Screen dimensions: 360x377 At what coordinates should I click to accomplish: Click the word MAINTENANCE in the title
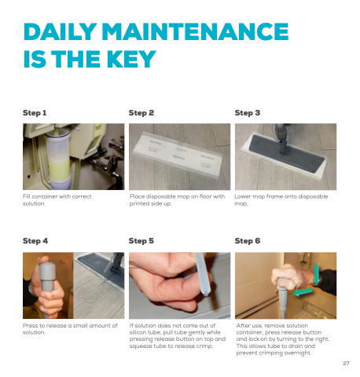195,31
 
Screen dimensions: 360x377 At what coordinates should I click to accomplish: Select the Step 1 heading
35,113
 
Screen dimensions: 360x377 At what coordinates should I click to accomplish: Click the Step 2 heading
141,113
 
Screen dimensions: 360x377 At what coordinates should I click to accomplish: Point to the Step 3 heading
248,113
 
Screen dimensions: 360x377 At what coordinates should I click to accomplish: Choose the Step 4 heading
35,241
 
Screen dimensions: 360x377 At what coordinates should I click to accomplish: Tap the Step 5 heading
141,241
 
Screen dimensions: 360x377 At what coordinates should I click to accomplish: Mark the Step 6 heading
248,241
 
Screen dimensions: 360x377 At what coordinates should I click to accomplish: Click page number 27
346,363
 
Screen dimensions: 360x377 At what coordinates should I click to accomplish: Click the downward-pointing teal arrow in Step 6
317,274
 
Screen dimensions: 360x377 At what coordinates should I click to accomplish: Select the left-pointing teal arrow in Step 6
303,291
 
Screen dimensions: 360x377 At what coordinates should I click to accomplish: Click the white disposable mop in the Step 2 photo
178,154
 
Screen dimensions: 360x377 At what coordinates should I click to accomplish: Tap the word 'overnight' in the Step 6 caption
298,353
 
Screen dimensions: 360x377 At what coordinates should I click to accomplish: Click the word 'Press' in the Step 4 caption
30,325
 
